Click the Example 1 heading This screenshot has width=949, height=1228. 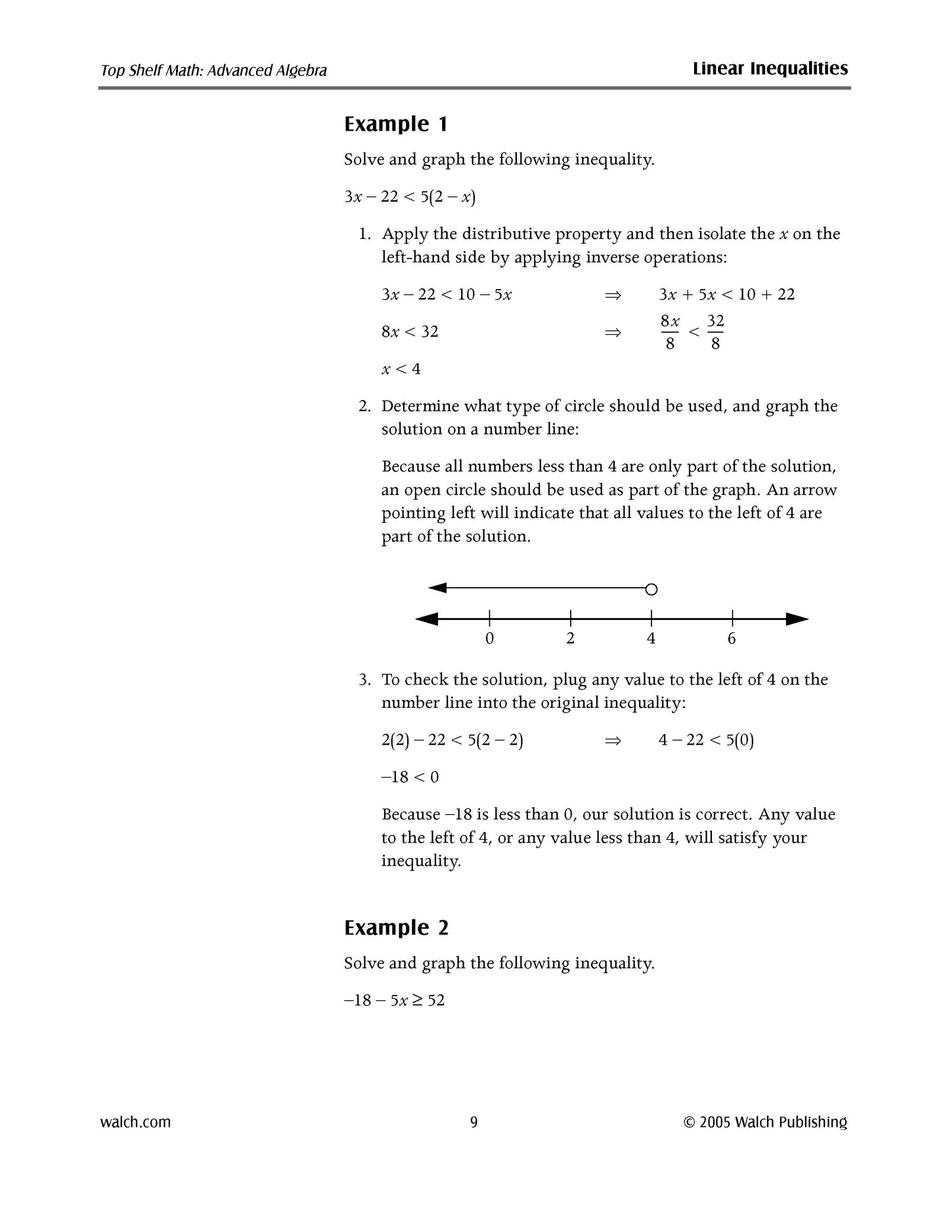pos(396,124)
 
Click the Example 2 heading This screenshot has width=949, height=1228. pos(396,928)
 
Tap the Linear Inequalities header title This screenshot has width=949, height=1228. pos(770,69)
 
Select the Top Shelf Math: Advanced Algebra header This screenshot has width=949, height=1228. pos(213,70)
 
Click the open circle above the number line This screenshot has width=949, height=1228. pos(651,589)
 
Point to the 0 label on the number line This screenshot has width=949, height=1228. pos(489,638)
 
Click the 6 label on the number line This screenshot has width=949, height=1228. pos(732,638)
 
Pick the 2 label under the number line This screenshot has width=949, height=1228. pos(570,638)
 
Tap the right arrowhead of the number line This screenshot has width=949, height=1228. pos(797,619)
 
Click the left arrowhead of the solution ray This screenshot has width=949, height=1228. pos(437,588)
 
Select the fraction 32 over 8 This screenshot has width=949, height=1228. pos(715,332)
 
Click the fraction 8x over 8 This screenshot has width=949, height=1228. pos(670,332)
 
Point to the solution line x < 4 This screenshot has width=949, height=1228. pos(401,369)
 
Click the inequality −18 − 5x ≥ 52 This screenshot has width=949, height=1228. pos(394,1000)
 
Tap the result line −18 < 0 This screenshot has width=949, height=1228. pos(410,778)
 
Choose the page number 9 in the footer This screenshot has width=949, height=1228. pos(474,1122)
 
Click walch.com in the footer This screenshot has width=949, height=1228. pos(135,1122)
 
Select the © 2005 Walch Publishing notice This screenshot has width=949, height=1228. pos(765,1122)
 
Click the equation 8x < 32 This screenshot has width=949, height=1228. pos(410,332)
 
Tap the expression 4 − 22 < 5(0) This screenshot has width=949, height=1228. pos(706,741)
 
